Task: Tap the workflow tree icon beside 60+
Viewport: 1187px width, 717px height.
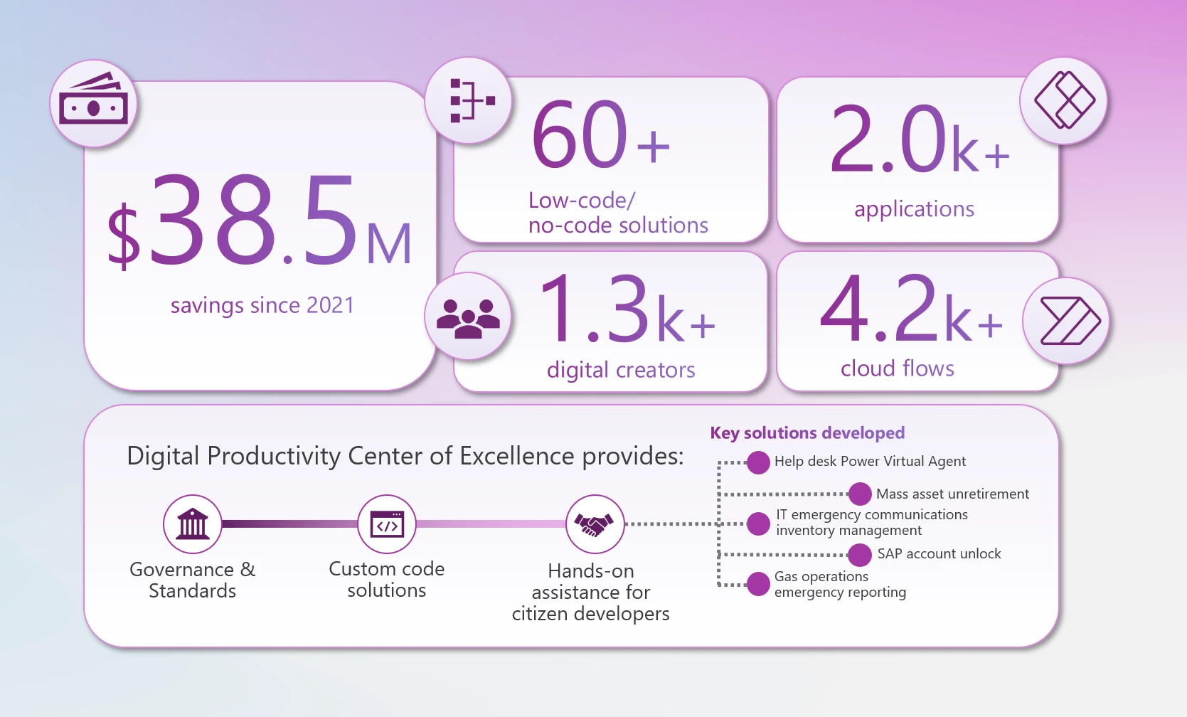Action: click(469, 100)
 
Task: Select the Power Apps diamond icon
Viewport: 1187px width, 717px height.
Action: click(1064, 100)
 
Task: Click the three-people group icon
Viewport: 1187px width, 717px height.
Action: click(468, 317)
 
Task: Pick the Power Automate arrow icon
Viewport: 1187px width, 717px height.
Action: click(1067, 321)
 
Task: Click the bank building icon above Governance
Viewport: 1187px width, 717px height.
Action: click(193, 524)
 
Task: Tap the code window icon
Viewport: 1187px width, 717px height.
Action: click(387, 524)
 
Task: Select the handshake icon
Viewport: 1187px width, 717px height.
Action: click(595, 524)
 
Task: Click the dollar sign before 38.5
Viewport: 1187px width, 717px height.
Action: click(124, 235)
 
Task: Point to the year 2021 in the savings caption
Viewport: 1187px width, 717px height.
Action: click(330, 305)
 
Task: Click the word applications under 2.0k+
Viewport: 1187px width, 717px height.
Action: click(914, 209)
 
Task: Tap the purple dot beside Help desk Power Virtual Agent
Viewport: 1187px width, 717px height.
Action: click(758, 462)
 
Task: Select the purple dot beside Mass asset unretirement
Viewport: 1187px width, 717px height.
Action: click(860, 494)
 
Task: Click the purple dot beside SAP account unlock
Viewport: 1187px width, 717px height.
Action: click(860, 554)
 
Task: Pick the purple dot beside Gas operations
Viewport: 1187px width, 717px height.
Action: click(758, 584)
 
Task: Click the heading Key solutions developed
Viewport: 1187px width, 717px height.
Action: click(807, 432)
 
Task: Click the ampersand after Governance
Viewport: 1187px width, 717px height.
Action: click(247, 570)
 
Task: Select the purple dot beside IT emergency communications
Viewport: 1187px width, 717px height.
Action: click(758, 524)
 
